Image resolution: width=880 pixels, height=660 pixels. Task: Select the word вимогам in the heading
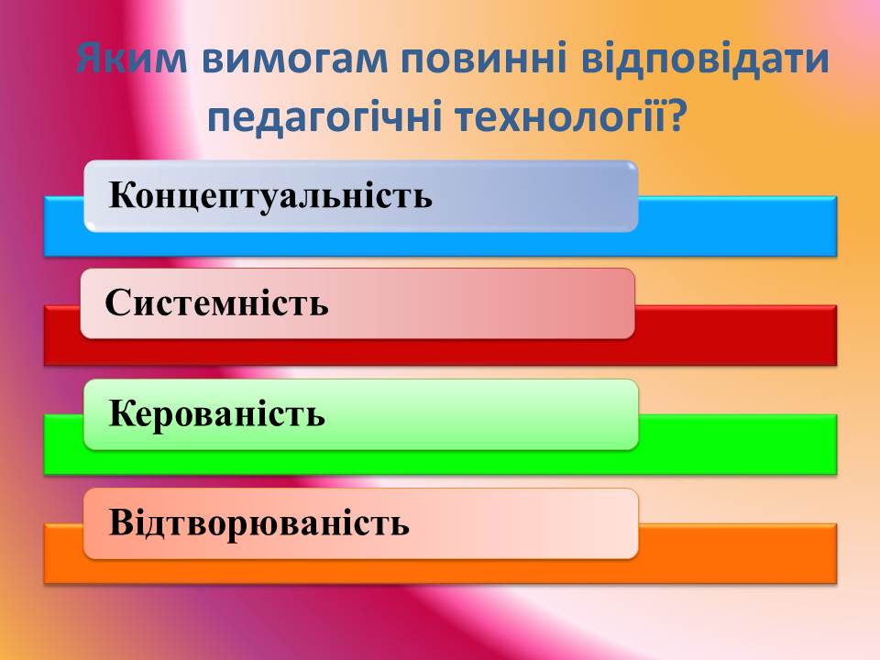[294, 59]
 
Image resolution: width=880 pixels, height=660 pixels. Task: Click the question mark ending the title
[676, 115]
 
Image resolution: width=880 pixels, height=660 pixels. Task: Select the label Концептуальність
[270, 195]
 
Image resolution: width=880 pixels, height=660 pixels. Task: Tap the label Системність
[216, 303]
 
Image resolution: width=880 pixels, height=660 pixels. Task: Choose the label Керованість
[216, 413]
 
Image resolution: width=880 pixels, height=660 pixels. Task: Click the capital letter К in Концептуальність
[123, 195]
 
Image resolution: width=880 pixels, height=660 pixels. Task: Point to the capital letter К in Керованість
[123, 413]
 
